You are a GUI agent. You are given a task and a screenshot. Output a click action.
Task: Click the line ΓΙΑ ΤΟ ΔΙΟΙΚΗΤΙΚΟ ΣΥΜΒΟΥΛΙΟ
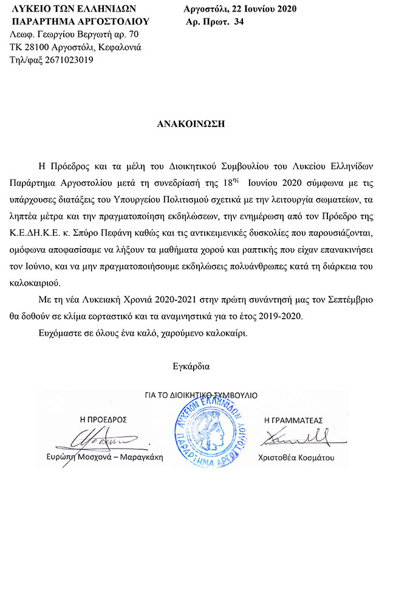[200, 395]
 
